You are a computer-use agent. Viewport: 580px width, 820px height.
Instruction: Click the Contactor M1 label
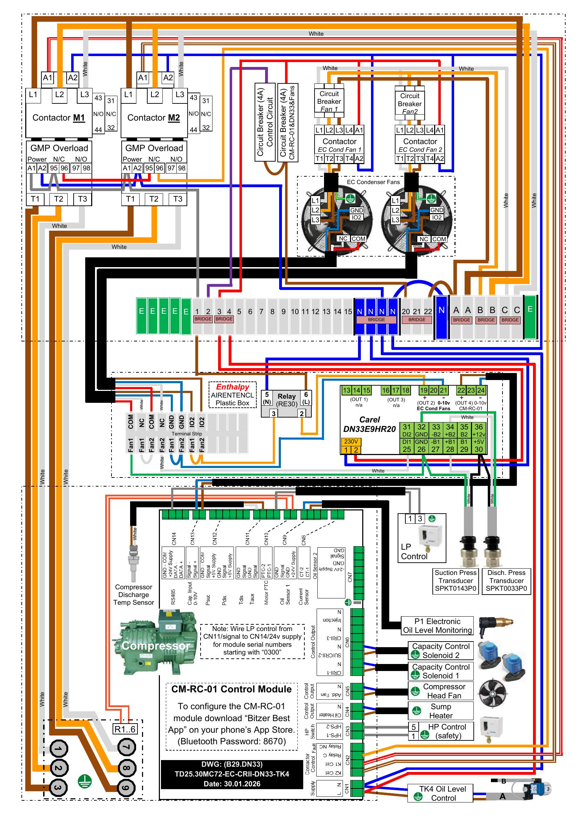click(x=59, y=118)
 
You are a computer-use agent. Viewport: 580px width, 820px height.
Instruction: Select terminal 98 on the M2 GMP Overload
click(x=182, y=168)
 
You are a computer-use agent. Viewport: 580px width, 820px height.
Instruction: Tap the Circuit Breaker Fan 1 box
click(x=329, y=101)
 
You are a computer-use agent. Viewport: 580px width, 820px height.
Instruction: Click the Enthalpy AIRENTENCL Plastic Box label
click(x=232, y=395)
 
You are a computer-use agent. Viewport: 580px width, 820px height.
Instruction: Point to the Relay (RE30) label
click(x=286, y=400)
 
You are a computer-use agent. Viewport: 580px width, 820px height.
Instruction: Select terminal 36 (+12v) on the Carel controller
click(x=479, y=431)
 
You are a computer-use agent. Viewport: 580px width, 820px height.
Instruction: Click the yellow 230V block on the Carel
click(x=351, y=441)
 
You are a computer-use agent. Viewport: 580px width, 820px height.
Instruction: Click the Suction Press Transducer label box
click(x=456, y=580)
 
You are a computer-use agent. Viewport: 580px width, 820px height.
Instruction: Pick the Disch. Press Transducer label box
click(x=506, y=580)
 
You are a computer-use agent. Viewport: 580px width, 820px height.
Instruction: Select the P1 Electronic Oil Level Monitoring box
click(x=437, y=626)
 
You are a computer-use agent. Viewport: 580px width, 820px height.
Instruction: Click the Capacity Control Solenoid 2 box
click(x=441, y=651)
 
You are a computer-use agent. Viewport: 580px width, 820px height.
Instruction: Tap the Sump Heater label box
click(x=441, y=711)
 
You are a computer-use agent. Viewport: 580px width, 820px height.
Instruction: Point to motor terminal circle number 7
click(x=127, y=747)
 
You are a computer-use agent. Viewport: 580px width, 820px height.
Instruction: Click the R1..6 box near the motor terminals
click(x=124, y=729)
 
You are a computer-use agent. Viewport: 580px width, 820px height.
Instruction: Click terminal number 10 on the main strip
click(x=295, y=312)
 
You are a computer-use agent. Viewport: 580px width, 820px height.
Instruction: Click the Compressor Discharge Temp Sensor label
click(x=134, y=595)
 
